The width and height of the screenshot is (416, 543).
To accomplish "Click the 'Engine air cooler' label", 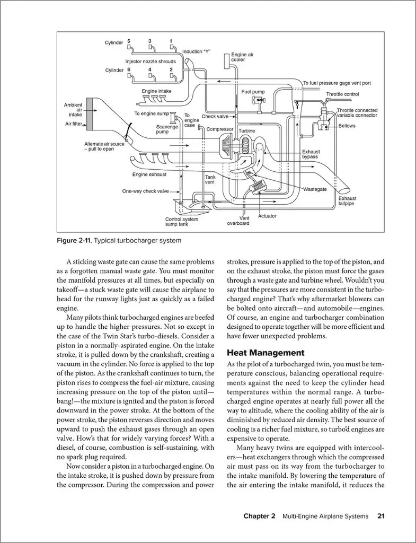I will coord(242,58).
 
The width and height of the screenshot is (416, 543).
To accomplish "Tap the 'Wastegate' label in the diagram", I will coord(315,189).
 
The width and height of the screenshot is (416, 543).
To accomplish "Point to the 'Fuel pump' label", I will coord(253,92).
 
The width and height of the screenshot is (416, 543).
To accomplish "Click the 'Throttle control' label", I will coord(342,94).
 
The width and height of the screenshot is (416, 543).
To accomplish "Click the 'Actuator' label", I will coord(267,216).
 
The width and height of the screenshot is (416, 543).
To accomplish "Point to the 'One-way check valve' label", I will coord(145,191).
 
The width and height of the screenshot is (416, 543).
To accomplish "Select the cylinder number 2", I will coord(171,69).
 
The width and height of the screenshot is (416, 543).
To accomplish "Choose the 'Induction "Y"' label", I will coord(196,51).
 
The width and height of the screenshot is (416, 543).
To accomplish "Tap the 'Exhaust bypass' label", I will coord(311,154).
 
